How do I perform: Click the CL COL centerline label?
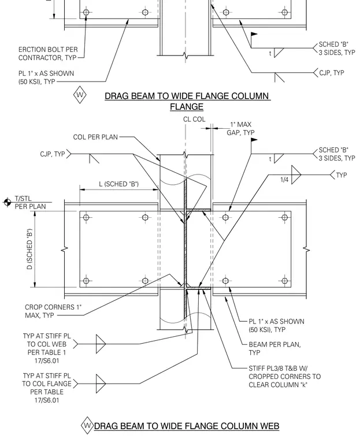[194, 119]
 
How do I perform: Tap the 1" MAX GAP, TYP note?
[240, 128]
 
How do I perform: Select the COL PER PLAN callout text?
[95, 137]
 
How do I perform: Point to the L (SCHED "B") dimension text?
[119, 184]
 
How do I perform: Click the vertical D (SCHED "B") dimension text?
[29, 249]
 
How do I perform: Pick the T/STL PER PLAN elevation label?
[30, 202]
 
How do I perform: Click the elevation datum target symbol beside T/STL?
[8, 202]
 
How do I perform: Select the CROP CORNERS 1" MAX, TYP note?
[53, 311]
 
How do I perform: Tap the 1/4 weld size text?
[284, 180]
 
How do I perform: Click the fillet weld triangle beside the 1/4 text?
[296, 174]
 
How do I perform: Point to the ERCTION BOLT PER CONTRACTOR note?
[48, 54]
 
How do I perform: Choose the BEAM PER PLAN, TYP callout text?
[275, 348]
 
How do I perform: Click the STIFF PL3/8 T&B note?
[285, 377]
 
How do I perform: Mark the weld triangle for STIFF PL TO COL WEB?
[101, 344]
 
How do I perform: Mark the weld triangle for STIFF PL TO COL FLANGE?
[101, 384]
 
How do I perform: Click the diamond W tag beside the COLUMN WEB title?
[87, 426]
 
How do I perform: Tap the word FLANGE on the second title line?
[187, 107]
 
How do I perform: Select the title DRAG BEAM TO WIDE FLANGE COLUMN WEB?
[187, 426]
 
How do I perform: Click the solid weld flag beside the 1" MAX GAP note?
[254, 140]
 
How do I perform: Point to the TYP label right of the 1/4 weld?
[342, 175]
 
